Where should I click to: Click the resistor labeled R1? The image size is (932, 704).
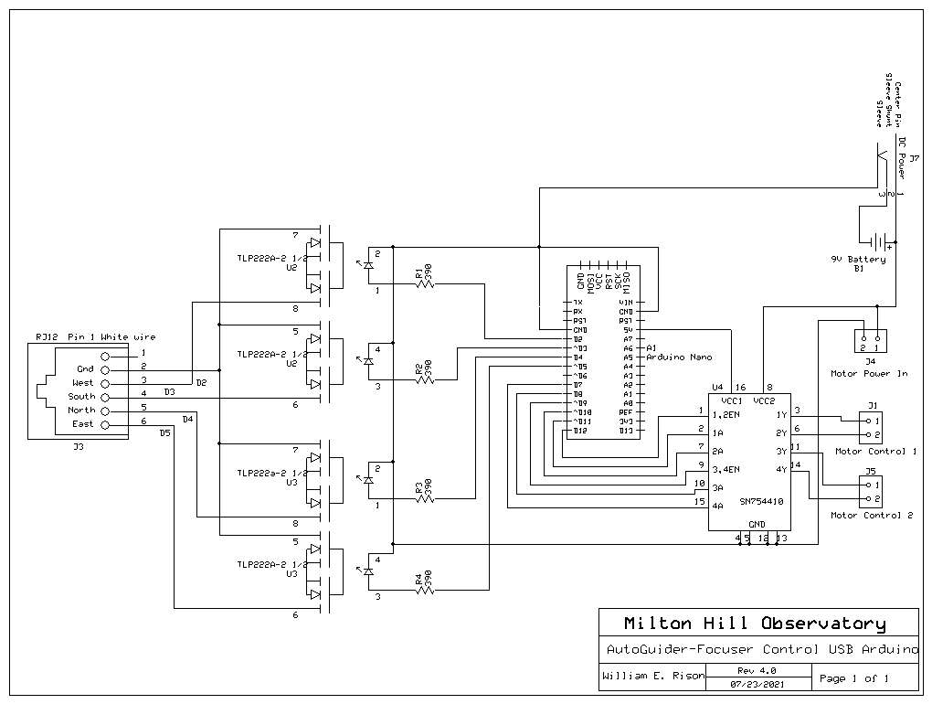pos(425,283)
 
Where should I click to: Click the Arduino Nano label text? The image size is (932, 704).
pos(679,357)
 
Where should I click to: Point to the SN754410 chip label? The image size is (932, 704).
pos(760,501)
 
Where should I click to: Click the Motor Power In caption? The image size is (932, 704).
pos(869,373)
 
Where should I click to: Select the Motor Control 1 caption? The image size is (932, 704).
pos(875,451)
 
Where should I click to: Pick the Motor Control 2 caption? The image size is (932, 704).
pos(872,516)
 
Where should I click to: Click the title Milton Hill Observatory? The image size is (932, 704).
pos(755,624)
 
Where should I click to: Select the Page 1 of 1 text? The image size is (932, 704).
pos(854,678)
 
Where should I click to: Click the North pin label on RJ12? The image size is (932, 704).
pos(81,411)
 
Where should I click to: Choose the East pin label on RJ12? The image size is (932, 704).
pos(83,424)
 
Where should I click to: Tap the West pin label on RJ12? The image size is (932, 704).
pos(82,383)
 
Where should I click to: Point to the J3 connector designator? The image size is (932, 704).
pos(78,447)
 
